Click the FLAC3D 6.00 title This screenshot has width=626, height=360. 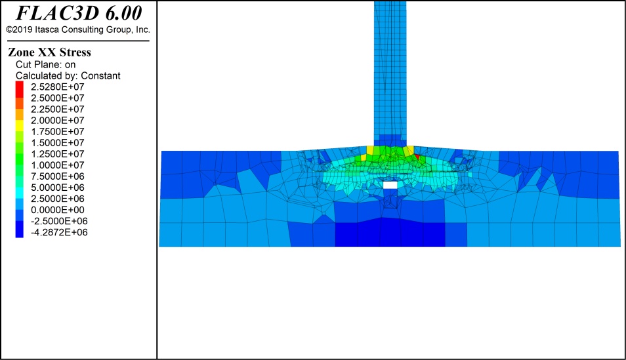[x=79, y=12]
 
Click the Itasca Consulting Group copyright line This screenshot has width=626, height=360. [x=78, y=30]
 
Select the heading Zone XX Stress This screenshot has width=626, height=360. [x=49, y=52]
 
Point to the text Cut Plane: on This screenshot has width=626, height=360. [x=45, y=65]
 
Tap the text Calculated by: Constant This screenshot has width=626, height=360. [x=68, y=76]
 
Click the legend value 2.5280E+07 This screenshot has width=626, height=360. [x=58, y=87]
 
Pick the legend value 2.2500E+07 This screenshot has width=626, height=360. [x=58, y=110]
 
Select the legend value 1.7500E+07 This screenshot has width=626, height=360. [x=58, y=132]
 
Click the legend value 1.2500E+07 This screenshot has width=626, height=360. [x=58, y=154]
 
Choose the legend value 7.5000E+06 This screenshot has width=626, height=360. [x=58, y=176]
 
